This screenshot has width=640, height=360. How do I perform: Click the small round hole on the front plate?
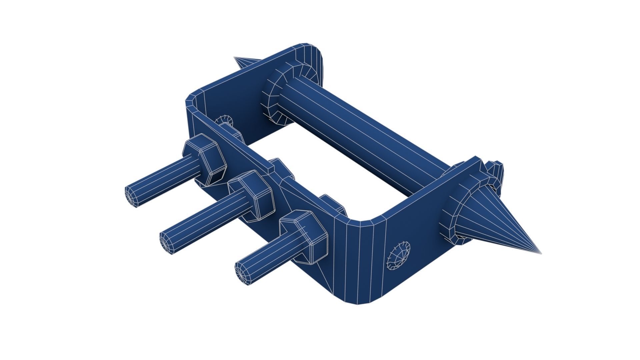pos(398,256)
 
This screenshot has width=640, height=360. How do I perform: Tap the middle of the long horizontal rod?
pos(360,133)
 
